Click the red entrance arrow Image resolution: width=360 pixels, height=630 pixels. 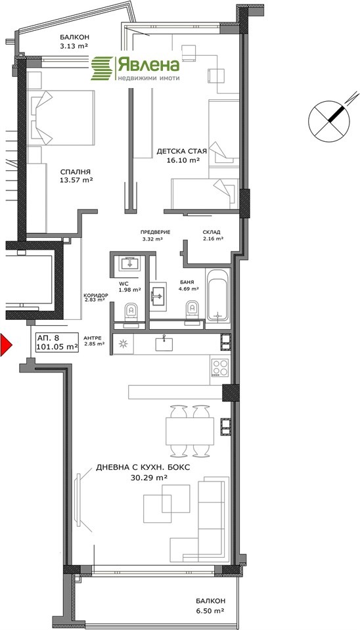click(6, 344)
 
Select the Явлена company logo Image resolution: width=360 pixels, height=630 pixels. click(135, 68)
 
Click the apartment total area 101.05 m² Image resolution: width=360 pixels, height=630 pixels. click(56, 347)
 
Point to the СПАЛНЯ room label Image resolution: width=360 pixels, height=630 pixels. click(76, 171)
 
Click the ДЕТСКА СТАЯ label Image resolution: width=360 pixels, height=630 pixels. click(181, 152)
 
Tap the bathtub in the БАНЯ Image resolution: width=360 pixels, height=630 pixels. click(217, 294)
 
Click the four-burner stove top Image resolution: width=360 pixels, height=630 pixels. click(220, 367)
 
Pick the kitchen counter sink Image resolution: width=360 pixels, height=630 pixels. click(164, 344)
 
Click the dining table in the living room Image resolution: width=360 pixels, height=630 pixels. click(190, 430)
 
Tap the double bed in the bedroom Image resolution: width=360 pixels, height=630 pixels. click(61, 118)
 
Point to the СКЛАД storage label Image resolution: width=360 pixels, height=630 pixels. click(212, 232)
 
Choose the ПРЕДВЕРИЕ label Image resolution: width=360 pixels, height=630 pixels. click(156, 232)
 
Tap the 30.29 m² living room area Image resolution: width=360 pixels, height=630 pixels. click(149, 478)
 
